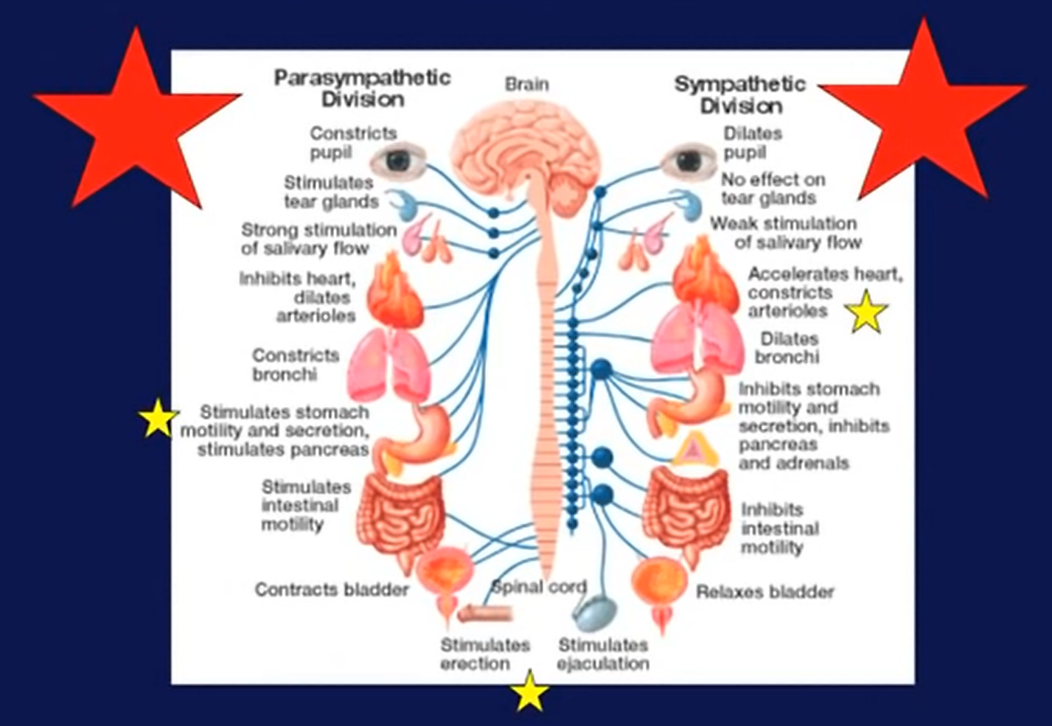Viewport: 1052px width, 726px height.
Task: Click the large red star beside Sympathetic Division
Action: point(924,111)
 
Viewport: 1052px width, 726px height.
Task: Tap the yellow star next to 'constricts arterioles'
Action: point(866,312)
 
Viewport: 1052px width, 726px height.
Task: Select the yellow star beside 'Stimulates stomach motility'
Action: point(157,419)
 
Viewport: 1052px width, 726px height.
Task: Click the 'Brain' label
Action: point(526,84)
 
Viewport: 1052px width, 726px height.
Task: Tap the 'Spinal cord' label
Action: point(539,587)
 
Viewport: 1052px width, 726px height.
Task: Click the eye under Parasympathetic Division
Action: point(398,160)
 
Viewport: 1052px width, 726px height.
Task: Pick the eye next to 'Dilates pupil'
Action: point(689,161)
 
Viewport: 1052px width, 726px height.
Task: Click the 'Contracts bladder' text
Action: point(332,590)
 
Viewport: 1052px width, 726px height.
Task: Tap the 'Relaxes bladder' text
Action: point(765,592)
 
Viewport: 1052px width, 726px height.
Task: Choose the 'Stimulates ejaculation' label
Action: point(603,655)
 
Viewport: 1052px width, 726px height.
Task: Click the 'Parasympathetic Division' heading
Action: point(362,88)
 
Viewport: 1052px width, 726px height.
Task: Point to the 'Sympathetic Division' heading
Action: point(740,94)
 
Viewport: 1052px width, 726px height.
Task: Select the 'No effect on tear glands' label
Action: point(772,189)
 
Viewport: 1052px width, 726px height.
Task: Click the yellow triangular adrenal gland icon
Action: point(692,450)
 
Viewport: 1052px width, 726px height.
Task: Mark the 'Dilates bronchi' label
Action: point(788,348)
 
